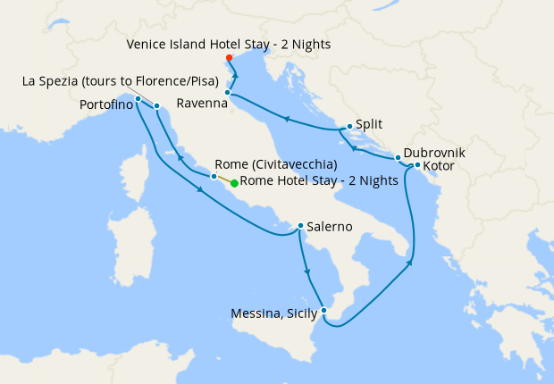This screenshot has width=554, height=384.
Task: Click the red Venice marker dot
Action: pos(230,59)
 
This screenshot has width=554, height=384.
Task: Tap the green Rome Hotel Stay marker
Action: pos(234,183)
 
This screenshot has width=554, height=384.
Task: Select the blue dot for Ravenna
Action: pos(228,93)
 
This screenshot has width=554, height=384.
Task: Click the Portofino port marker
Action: pos(138,98)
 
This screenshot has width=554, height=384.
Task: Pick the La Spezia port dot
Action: pos(156,106)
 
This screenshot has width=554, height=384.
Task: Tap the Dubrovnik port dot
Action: pos(398,158)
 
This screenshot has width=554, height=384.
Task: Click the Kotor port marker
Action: pos(417,165)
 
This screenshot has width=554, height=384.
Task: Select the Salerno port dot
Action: pos(300,226)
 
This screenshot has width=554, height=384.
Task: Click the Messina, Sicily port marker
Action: pos(324,311)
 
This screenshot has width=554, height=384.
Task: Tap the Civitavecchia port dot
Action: pos(213,177)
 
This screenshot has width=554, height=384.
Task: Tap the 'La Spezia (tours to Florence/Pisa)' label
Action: pos(120,83)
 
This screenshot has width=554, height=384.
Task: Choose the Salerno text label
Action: pos(330,228)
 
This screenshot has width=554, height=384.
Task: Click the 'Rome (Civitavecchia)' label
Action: pos(275,165)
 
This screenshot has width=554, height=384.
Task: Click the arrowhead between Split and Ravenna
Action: pos(286,118)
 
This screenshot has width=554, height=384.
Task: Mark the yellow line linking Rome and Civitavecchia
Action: pos(223,179)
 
